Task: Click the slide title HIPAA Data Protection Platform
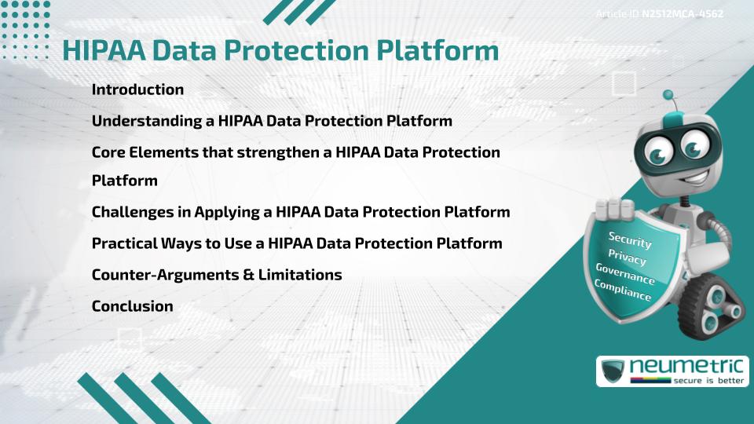pyautogui.click(x=280, y=50)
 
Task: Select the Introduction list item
pyautogui.click(x=137, y=90)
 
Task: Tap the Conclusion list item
pyautogui.click(x=132, y=306)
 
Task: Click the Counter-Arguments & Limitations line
pyautogui.click(x=217, y=275)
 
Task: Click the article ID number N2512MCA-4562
pyautogui.click(x=682, y=14)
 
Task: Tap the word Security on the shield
pyautogui.click(x=630, y=240)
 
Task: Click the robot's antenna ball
pyautogui.click(x=668, y=96)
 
